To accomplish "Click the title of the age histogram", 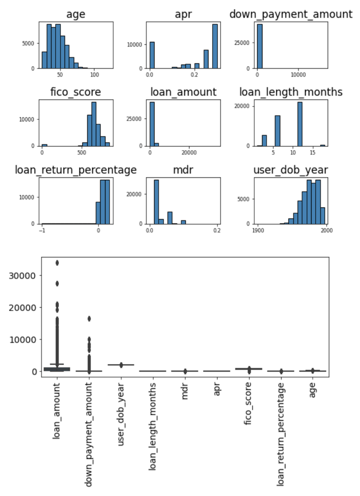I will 76,14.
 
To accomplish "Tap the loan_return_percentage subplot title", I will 76,169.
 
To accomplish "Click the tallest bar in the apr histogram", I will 215,46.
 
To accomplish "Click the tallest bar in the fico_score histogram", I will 94,124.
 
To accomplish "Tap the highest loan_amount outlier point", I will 57,263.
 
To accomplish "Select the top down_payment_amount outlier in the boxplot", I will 89,319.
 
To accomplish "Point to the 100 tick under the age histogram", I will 94,75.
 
